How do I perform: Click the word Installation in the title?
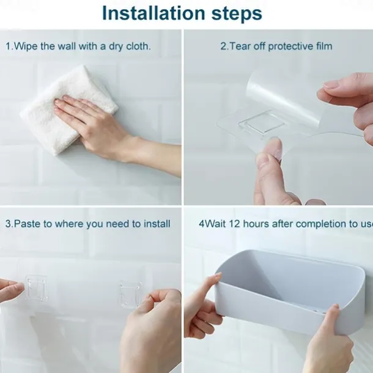(x=153, y=13)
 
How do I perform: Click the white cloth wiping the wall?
(x=69, y=109)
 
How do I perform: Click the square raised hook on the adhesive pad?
(x=262, y=124)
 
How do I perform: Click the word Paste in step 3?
(x=28, y=224)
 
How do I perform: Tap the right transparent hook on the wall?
(x=130, y=294)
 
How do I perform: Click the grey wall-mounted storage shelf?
(x=290, y=293)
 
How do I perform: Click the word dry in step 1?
(x=116, y=46)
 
